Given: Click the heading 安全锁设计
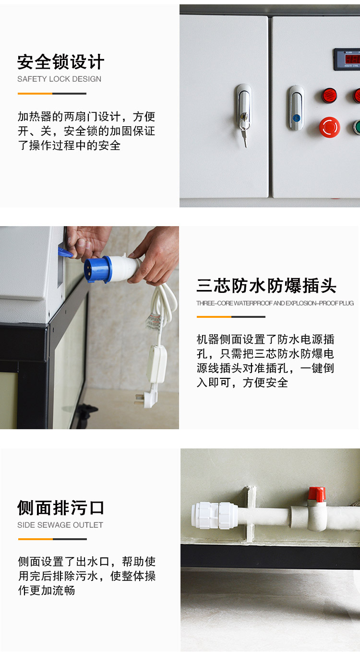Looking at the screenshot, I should point(60,62).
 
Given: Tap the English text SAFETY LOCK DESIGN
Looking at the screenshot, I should point(59,79).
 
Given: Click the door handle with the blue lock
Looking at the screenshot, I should point(296,108).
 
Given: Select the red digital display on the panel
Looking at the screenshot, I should point(347,59).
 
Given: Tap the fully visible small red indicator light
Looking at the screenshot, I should point(329,95).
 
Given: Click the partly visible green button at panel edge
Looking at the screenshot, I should point(357,127).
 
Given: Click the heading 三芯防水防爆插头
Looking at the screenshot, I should point(266,286).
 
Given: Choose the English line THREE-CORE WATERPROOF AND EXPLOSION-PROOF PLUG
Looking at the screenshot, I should point(275,303).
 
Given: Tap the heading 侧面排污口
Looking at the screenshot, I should point(60,508).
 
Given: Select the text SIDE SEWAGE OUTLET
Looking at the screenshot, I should point(60,525).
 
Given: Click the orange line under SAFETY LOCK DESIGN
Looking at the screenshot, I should point(35,94).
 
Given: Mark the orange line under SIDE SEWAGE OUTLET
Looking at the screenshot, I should point(35,539).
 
